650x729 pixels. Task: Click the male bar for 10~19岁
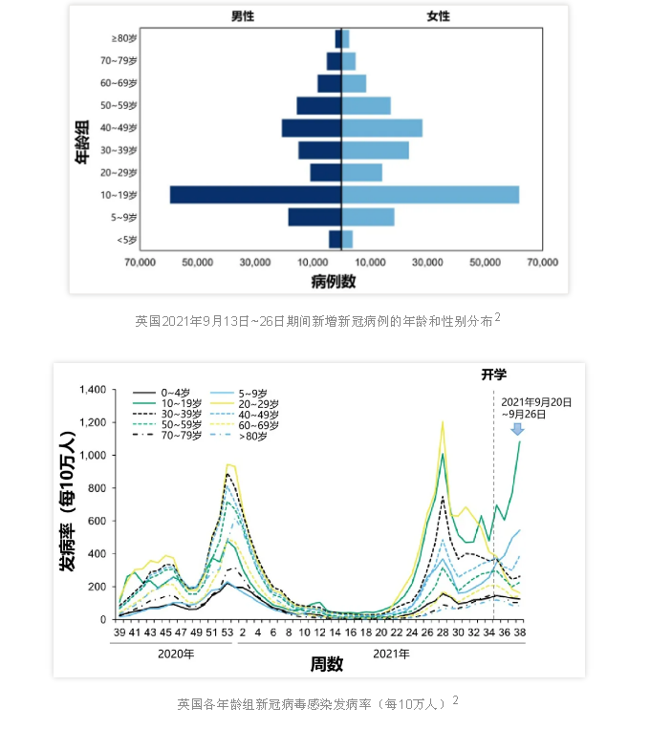tap(255, 195)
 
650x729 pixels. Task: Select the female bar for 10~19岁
tap(430, 195)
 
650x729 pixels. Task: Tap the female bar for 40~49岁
tap(382, 128)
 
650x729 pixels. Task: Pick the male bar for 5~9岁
tap(314, 218)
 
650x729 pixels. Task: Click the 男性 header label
tap(243, 17)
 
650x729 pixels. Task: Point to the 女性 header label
tap(437, 17)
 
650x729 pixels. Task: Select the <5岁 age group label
tap(127, 240)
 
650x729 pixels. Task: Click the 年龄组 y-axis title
tap(83, 139)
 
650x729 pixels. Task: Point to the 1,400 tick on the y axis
tap(97, 390)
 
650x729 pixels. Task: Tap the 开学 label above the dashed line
tap(493, 375)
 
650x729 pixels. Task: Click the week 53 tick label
tap(228, 633)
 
